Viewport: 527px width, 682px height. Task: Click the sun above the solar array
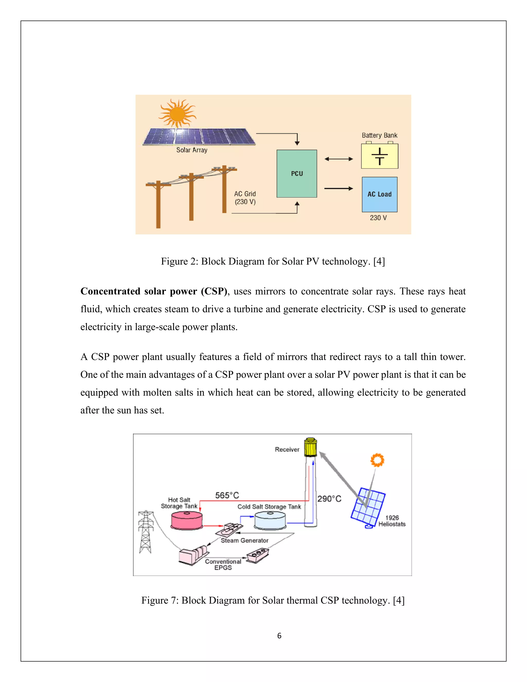[178, 114]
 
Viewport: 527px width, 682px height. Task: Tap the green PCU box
[297, 174]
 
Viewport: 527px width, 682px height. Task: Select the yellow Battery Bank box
[379, 156]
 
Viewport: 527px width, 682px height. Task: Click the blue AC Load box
[379, 194]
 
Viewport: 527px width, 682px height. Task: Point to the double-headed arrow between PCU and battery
[339, 159]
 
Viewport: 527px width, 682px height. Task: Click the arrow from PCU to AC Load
[339, 188]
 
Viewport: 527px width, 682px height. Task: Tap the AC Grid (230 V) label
[245, 198]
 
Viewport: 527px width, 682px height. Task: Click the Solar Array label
[192, 150]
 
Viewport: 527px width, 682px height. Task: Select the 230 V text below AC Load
[378, 218]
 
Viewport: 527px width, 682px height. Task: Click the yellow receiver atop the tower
[310, 447]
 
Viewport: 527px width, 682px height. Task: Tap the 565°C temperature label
[227, 495]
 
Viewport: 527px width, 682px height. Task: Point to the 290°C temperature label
[329, 499]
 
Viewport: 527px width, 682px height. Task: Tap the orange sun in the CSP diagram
[377, 460]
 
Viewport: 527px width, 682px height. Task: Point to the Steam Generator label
[244, 540]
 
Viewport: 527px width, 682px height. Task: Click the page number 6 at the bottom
[279, 635]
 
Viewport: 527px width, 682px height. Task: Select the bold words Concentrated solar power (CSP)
[154, 291]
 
